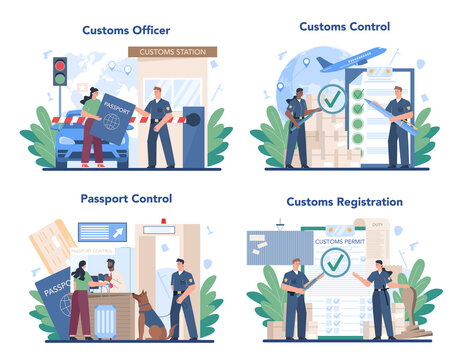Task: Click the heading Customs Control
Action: coord(344,26)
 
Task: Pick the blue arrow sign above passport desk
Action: coord(102,232)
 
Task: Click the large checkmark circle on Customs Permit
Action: coord(337,263)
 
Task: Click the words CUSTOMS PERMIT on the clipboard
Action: coord(337,241)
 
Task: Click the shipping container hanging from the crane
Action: coord(279,246)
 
